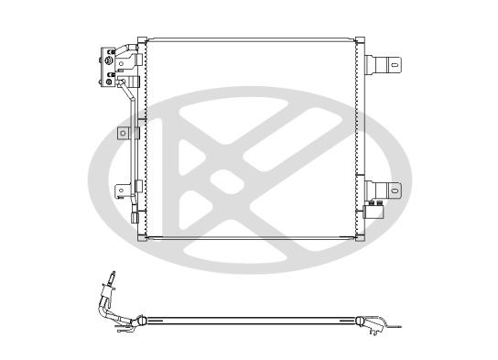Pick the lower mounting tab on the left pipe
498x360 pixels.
pos(121,191)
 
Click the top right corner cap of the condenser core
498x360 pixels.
pos(361,42)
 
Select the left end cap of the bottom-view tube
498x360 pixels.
pos(143,320)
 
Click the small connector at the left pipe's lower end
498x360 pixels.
pos(134,221)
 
